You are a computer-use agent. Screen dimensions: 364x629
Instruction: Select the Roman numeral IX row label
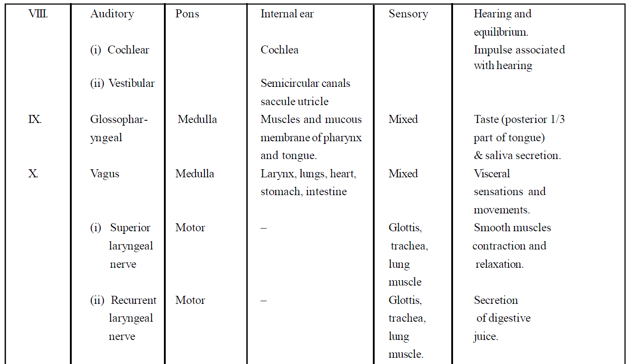click(35, 119)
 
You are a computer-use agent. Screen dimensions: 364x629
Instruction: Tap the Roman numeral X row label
click(33, 174)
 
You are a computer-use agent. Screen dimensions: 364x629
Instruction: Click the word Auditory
click(112, 14)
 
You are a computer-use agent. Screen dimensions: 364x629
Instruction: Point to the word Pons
click(187, 14)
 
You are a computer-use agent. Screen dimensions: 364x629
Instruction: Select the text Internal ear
click(287, 14)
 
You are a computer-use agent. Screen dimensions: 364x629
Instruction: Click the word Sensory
click(408, 14)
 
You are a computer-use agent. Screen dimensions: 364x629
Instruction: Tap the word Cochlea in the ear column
click(279, 50)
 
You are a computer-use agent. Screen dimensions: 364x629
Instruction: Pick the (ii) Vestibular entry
click(123, 83)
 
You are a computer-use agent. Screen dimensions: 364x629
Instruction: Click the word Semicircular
click(290, 83)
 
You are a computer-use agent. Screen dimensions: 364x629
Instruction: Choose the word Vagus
click(105, 174)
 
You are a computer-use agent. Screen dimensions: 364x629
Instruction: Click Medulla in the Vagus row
click(195, 174)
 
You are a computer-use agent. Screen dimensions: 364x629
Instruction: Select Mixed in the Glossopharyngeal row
click(403, 119)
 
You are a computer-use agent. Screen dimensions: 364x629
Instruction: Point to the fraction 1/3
click(557, 119)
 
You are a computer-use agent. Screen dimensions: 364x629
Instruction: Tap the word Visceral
click(492, 174)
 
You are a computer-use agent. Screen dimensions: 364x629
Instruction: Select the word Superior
click(130, 228)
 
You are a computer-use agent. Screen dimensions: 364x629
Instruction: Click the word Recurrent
click(134, 300)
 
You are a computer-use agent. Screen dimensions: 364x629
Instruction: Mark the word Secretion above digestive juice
click(496, 300)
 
